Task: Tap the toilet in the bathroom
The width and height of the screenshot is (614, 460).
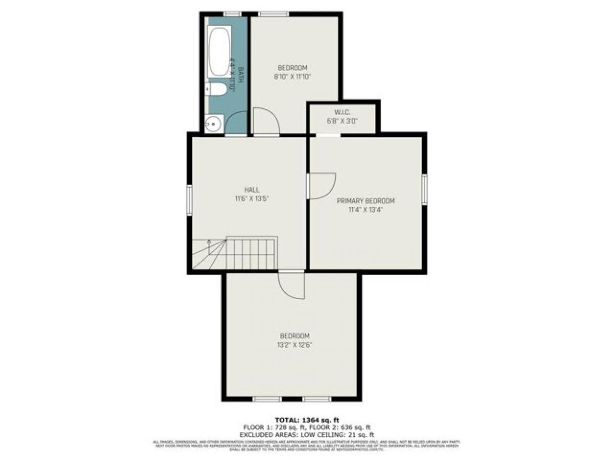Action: [x=217, y=90]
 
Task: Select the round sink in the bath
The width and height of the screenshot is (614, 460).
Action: [x=213, y=124]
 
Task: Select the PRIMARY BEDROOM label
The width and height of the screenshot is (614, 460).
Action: [x=365, y=201]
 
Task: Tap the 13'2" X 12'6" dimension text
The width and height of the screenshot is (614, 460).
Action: [x=295, y=345]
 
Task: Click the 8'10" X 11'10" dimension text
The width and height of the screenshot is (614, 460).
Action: [x=292, y=76]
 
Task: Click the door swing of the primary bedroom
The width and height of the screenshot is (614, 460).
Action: [x=321, y=186]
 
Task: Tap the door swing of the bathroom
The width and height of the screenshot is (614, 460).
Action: [x=236, y=124]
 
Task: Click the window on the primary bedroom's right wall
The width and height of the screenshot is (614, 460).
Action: [x=424, y=190]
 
